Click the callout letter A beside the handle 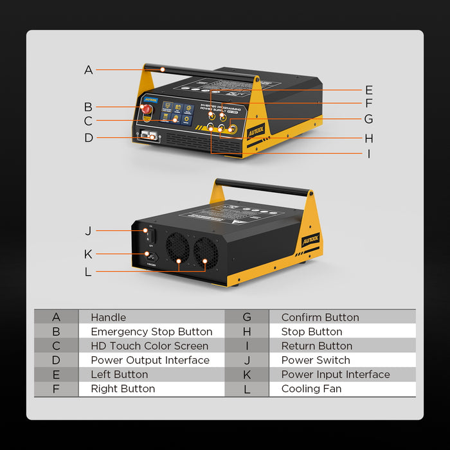[x=89, y=70]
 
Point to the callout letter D [x=89, y=138]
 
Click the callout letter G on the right [x=368, y=119]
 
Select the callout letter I [x=368, y=154]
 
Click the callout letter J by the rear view [x=88, y=231]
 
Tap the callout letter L [x=88, y=271]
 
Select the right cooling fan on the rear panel [x=206, y=251]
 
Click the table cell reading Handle [x=109, y=317]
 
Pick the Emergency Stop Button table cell [x=151, y=332]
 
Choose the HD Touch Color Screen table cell [x=149, y=346]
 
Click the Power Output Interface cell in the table [x=150, y=360]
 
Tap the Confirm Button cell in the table [x=320, y=317]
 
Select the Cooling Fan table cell [x=311, y=388]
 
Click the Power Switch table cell [x=316, y=360]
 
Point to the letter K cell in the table [x=246, y=374]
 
